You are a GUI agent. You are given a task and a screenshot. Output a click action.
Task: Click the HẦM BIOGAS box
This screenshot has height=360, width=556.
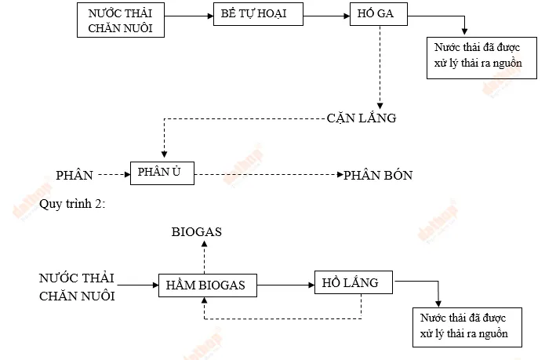click(207, 285)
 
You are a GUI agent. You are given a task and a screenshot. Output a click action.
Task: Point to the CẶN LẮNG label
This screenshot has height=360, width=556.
click(362, 119)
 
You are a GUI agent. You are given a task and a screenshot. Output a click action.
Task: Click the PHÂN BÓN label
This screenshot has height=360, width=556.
click(378, 175)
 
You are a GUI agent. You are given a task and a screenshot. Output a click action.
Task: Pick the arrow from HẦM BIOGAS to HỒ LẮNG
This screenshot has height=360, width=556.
click(285, 284)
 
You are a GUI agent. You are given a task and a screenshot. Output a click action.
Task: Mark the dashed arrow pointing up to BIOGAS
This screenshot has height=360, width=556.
click(205, 256)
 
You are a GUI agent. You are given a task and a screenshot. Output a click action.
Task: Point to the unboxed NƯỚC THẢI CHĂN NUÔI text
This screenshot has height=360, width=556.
click(77, 287)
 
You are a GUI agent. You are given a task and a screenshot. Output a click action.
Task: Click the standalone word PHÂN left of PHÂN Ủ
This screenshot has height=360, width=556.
click(74, 174)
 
